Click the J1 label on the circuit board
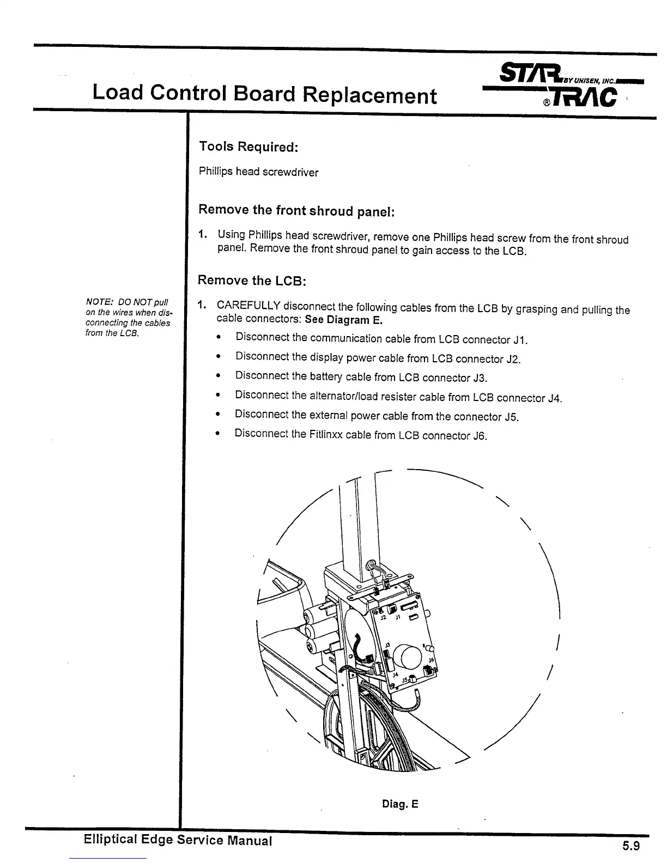(398, 618)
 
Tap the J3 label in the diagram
(387, 643)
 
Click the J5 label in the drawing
(405, 680)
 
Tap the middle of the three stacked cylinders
(316, 632)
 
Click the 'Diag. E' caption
(399, 804)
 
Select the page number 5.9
(630, 846)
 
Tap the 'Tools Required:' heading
(248, 147)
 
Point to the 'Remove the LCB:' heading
(252, 281)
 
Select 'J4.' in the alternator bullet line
(554, 398)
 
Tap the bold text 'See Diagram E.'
(343, 320)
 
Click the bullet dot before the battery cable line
(218, 376)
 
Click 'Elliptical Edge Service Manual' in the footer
(178, 840)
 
